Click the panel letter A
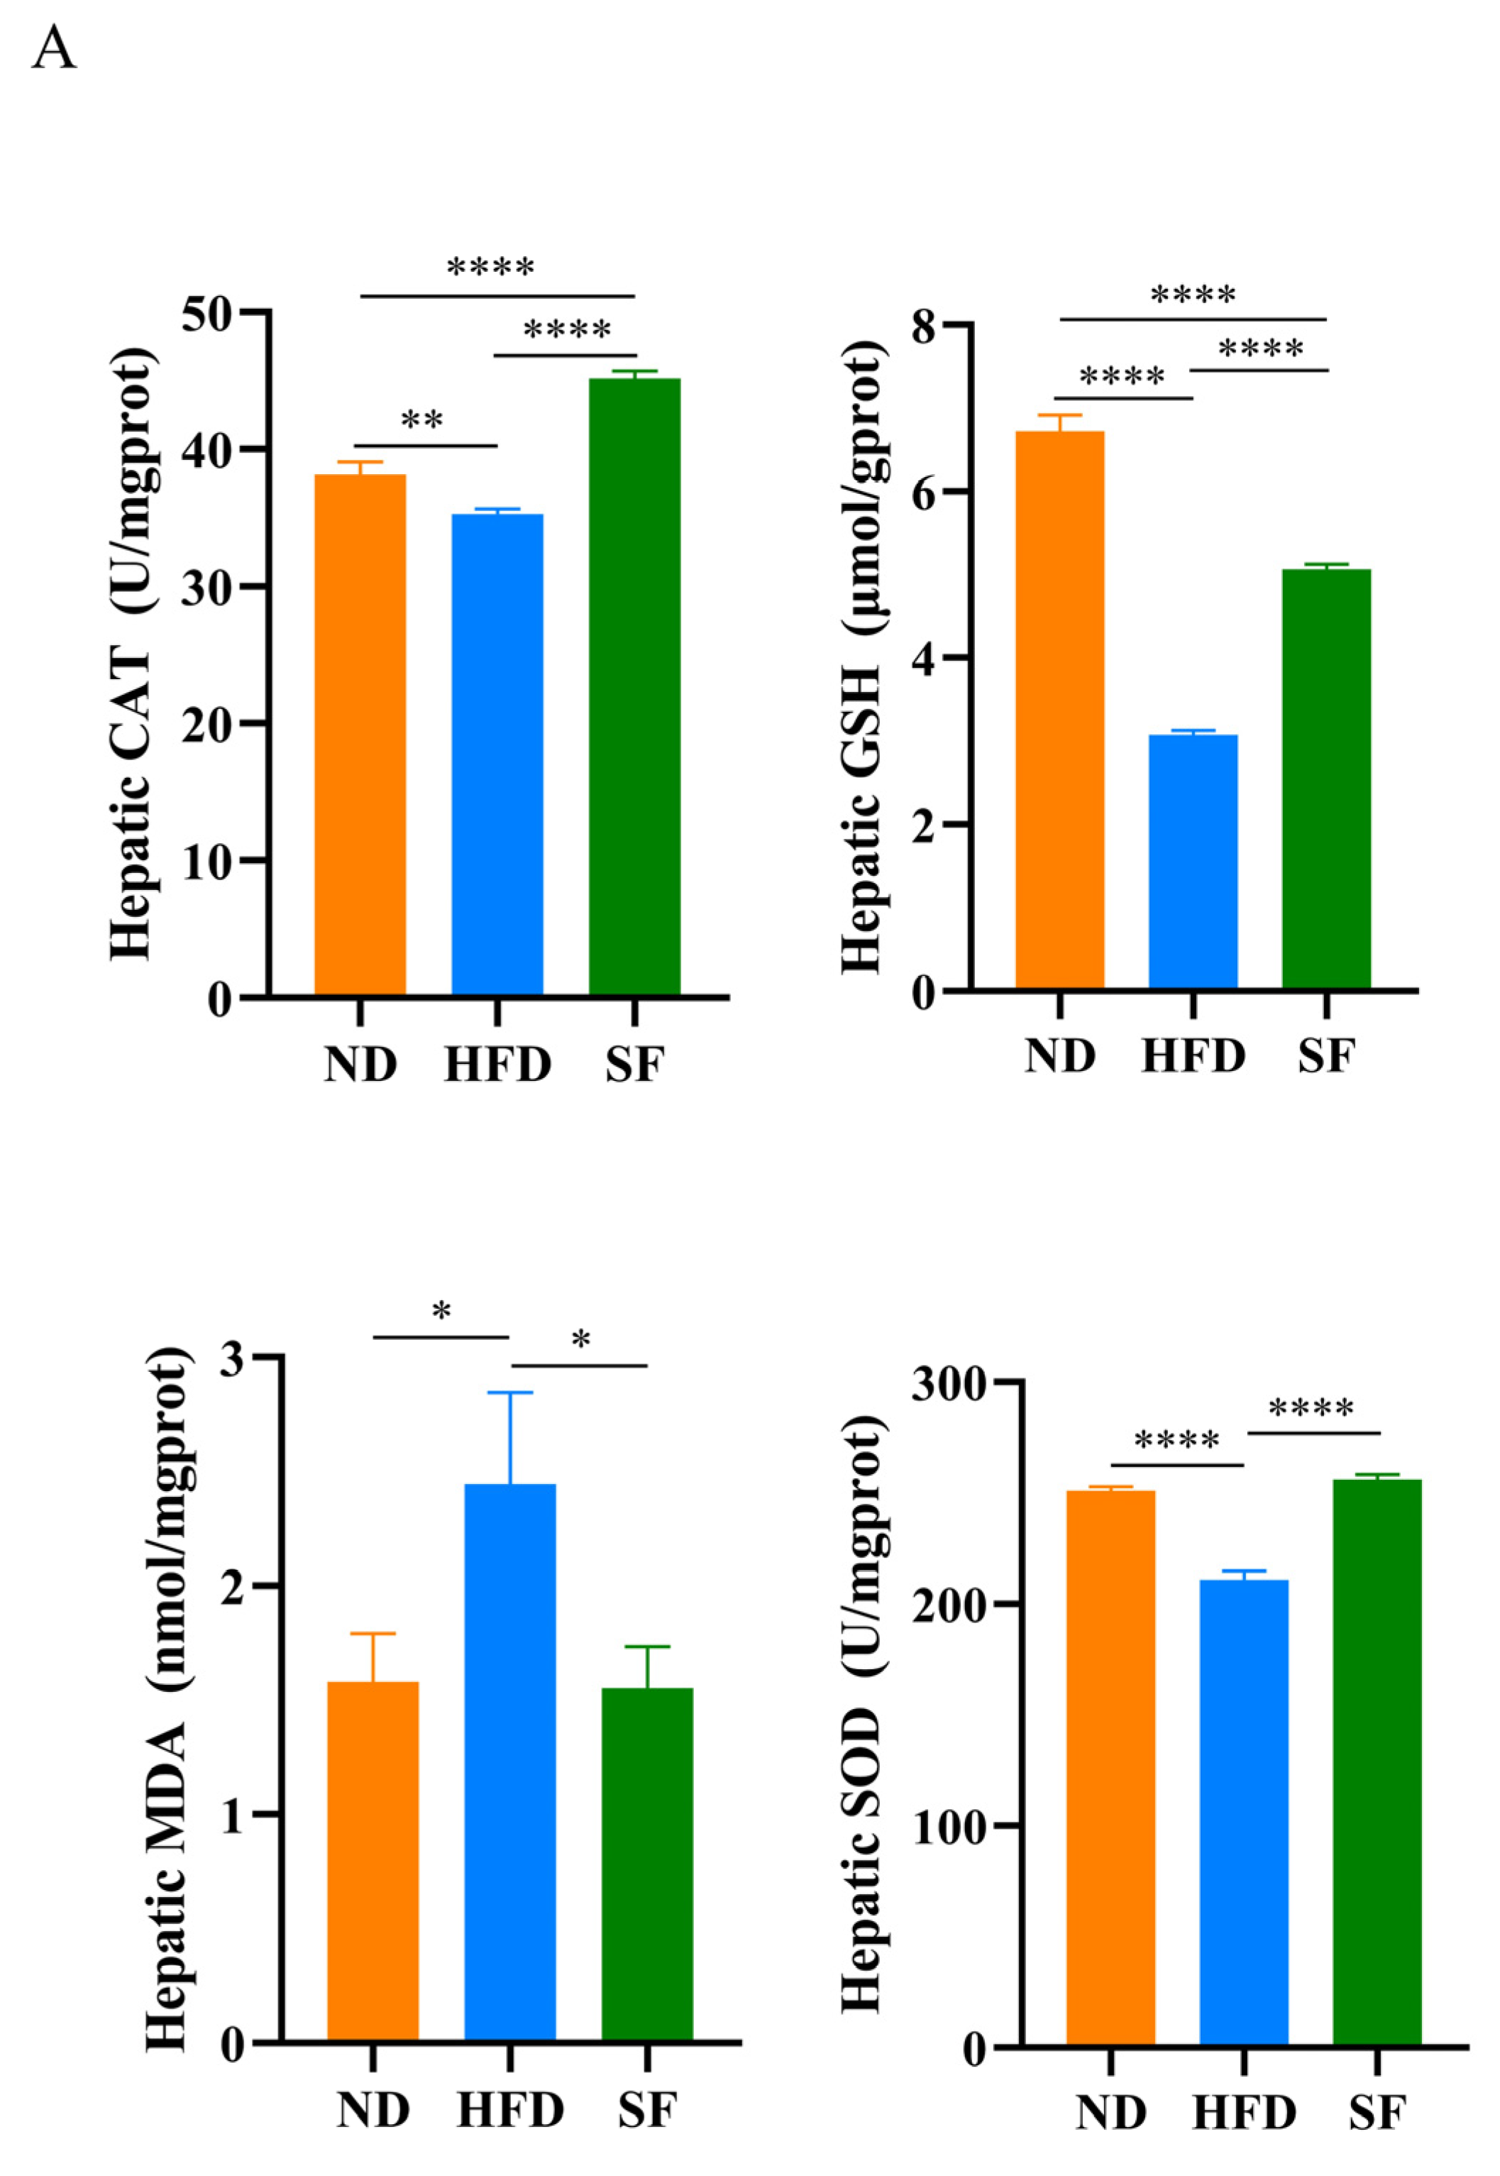tap(54, 49)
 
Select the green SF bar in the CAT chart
tap(634, 686)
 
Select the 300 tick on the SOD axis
tap(947, 1384)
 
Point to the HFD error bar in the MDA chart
tap(510, 1437)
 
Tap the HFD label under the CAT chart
tap(497, 1066)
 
